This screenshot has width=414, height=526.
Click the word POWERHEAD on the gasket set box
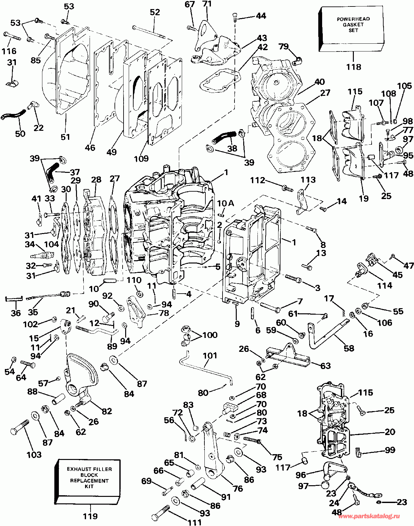click(353, 19)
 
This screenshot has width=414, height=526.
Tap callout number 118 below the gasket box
click(354, 67)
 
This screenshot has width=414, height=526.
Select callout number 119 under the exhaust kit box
click(90, 516)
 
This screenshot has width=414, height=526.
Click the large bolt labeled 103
click(20, 427)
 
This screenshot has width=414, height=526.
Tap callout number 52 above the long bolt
click(155, 12)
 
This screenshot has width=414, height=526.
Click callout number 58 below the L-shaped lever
click(349, 348)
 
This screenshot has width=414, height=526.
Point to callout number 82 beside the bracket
click(107, 411)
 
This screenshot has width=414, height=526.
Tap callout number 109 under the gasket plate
click(141, 159)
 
